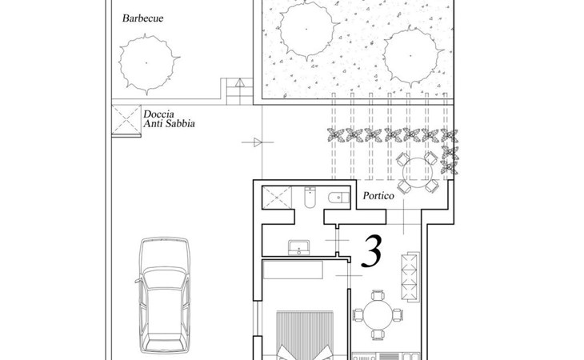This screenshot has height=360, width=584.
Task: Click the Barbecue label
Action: tap(142, 18)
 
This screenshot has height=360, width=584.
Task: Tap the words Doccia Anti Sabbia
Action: tap(169, 119)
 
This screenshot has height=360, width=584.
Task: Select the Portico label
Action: tap(378, 196)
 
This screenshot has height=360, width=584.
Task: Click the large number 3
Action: tap(372, 251)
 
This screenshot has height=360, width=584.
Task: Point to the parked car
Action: tap(164, 295)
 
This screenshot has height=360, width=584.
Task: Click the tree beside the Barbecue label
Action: tap(148, 64)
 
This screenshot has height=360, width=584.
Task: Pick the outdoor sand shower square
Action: tap(126, 119)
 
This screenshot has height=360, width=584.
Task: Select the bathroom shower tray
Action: tap(277, 198)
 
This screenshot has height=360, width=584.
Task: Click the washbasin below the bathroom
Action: tap(298, 247)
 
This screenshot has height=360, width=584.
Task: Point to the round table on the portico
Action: tap(418, 172)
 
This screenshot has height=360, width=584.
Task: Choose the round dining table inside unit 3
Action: tap(378, 315)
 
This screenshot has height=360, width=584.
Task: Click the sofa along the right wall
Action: tap(410, 277)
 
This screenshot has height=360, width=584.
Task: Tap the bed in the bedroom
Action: tap(305, 335)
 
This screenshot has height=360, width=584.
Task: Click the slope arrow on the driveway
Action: tap(258, 142)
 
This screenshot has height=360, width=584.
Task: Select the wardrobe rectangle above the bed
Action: tap(293, 270)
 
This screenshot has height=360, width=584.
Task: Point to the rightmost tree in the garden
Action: tap(411, 56)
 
